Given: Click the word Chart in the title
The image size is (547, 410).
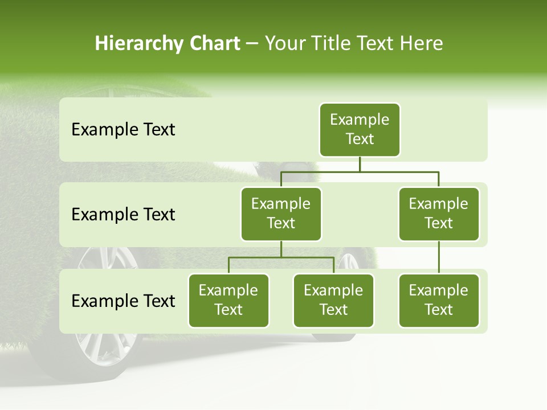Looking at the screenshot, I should (213, 43).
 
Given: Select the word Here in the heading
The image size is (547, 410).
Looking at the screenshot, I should (421, 43).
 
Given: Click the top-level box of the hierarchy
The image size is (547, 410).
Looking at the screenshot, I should (360, 130).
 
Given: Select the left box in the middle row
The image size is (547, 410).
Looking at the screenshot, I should (281, 214).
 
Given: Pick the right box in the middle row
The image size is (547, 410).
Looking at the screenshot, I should (439, 214).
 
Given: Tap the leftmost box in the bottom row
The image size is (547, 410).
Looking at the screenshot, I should (228, 301).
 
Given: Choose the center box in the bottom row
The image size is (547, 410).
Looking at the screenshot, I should (333, 301).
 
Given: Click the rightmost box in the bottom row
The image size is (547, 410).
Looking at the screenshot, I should (439, 301).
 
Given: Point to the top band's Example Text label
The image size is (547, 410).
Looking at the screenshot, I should (123, 130).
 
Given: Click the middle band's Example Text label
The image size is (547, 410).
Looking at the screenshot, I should (123, 215).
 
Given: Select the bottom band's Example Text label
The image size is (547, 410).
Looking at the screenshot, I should (123, 301).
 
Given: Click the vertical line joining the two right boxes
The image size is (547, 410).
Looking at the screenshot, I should (439, 257).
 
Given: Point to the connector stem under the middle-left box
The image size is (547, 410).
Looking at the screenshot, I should (281, 249).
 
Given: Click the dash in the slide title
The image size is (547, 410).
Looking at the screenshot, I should (252, 44).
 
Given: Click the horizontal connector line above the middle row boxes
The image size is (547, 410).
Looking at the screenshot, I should (360, 171).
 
